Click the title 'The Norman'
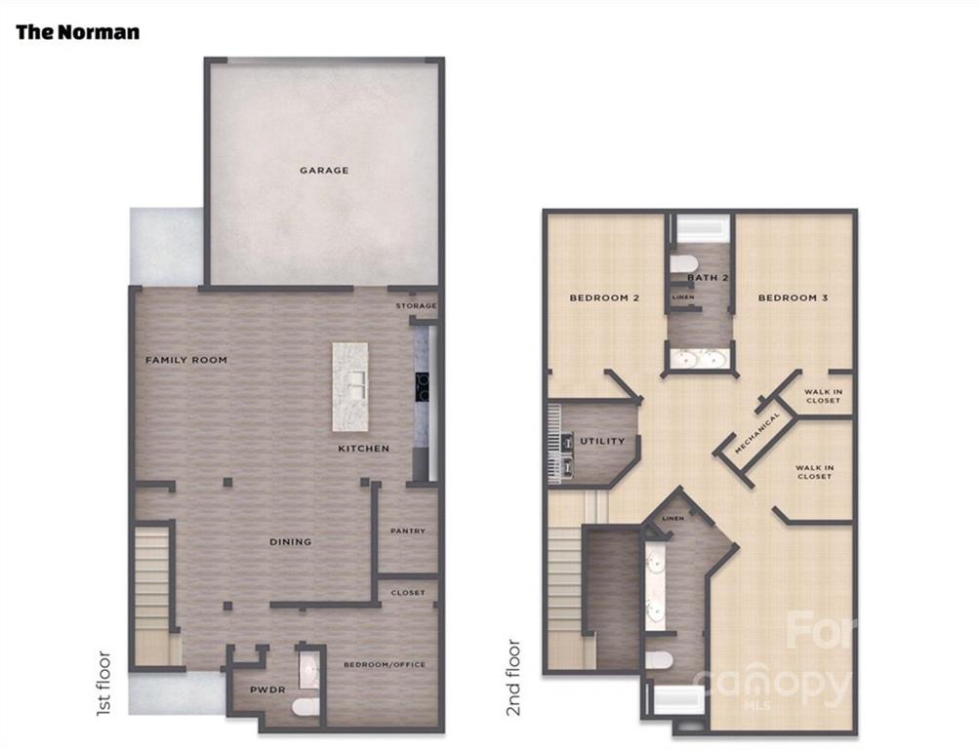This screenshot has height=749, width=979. [77, 32]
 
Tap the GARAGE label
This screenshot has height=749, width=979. [324, 171]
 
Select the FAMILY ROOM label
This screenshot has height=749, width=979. [186, 360]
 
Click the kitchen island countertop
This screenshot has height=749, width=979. [349, 386]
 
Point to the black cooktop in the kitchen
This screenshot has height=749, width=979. [422, 387]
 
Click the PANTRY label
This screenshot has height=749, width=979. [408, 531]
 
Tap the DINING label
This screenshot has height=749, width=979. [290, 542]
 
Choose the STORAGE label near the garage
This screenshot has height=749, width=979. [416, 305]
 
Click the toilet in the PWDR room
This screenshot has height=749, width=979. [306, 707]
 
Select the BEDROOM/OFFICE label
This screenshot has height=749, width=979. [385, 665]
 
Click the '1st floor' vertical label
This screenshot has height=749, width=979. [104, 684]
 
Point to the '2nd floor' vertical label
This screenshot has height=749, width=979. [513, 677]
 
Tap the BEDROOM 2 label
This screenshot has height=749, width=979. [604, 298]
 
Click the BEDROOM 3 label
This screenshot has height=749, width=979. [793, 298]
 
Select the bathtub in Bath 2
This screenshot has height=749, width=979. [703, 229]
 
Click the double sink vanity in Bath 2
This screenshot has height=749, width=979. [699, 359]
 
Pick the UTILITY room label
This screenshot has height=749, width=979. [602, 441]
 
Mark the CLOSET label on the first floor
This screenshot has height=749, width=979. [408, 592]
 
